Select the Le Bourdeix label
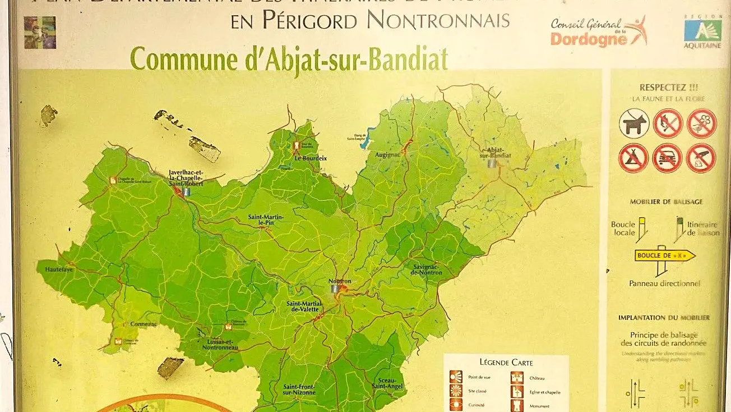[x=311, y=158]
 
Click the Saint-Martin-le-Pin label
[x=266, y=220]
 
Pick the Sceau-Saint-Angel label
[x=387, y=383]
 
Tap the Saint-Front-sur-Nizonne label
[x=299, y=389]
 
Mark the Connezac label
[x=144, y=324]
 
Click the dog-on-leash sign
[x=634, y=123]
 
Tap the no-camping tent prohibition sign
[x=633, y=158]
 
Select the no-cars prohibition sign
[x=667, y=158]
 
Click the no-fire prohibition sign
[x=668, y=123]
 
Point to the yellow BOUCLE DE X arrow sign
[x=665, y=255]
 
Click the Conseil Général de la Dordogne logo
[x=598, y=31]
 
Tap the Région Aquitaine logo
[x=702, y=31]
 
